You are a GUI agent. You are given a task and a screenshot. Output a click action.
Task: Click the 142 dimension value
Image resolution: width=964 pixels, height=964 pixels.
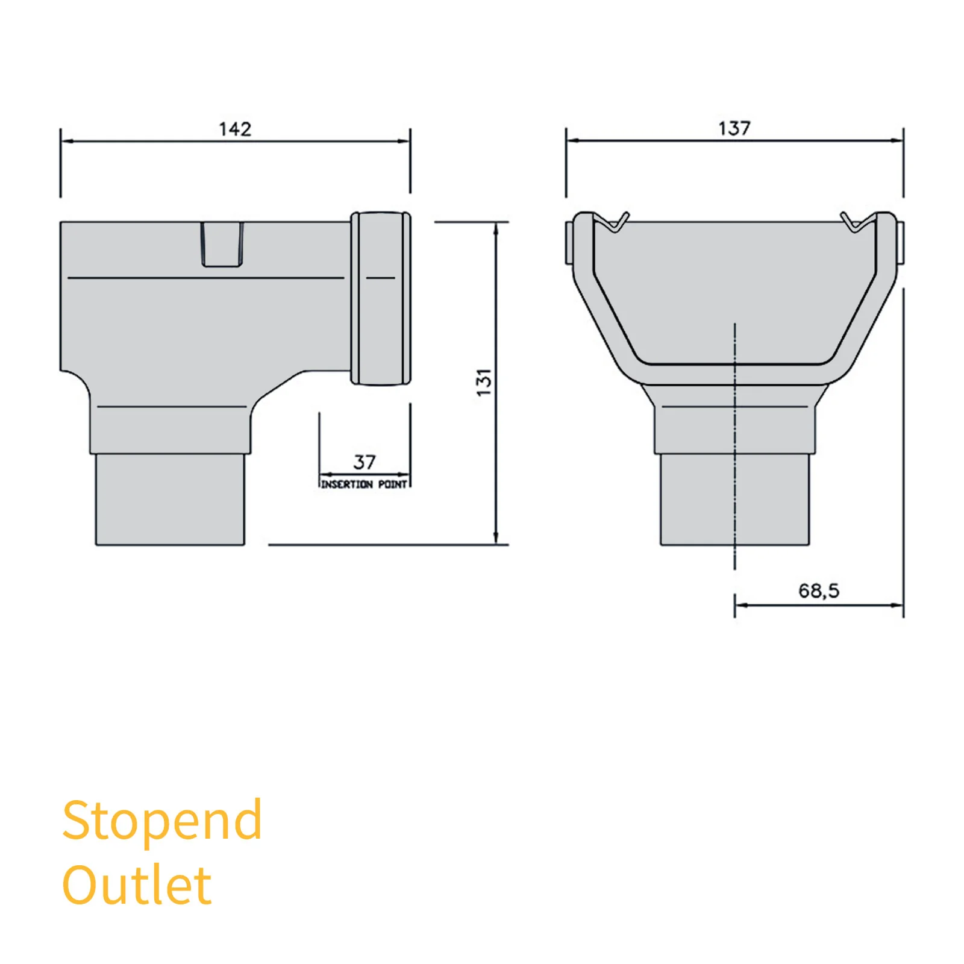(x=235, y=129)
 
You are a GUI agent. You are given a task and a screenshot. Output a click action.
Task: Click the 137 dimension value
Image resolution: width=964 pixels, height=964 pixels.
(x=734, y=128)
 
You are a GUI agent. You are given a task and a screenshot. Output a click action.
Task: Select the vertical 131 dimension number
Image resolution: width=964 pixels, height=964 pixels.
(x=484, y=383)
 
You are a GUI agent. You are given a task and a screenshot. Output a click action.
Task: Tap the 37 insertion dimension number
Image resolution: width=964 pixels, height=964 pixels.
(x=365, y=462)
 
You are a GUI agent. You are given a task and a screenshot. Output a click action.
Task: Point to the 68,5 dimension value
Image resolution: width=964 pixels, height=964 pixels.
(x=819, y=590)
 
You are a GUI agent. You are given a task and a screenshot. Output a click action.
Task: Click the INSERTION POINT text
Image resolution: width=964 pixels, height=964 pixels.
(x=364, y=484)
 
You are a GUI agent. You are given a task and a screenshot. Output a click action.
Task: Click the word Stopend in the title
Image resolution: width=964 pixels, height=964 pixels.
(x=161, y=821)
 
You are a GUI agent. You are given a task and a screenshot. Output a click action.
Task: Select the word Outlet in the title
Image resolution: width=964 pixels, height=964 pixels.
(x=137, y=885)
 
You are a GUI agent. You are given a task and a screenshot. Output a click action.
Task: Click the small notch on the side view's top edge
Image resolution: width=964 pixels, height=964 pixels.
(x=222, y=244)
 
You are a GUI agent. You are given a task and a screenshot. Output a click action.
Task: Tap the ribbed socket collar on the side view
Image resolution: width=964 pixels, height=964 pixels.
(x=381, y=298)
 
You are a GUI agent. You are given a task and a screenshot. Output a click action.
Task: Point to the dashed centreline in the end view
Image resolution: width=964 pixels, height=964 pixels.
(x=734, y=446)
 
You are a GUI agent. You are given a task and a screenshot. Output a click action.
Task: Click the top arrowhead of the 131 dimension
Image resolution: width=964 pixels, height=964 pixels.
(x=496, y=228)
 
